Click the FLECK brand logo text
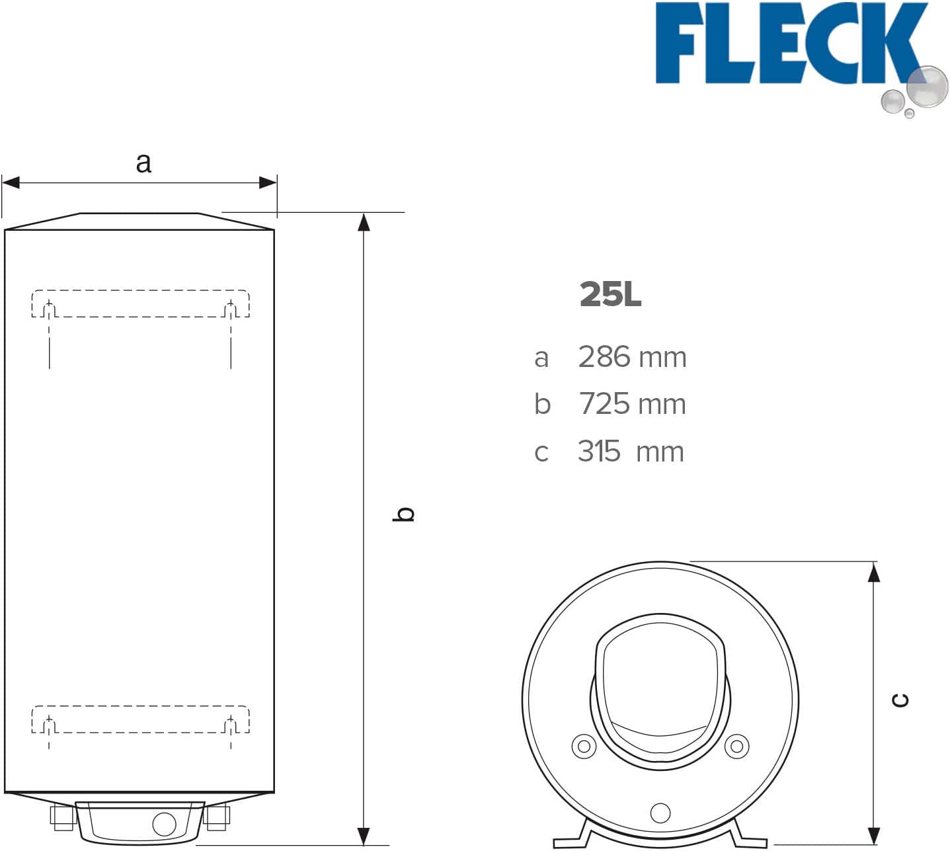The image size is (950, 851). coord(791,43)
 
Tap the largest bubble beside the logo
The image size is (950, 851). coord(927,87)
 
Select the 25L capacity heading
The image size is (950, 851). coord(610,295)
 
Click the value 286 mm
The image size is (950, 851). coord(632,357)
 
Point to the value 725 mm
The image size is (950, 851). coord(632,404)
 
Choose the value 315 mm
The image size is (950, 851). coord(631,452)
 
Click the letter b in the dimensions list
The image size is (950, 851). coord(542,404)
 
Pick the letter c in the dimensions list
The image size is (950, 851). coord(541,454)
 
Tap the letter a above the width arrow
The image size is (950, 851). coord(143,163)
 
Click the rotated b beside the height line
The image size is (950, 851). coord(403,514)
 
